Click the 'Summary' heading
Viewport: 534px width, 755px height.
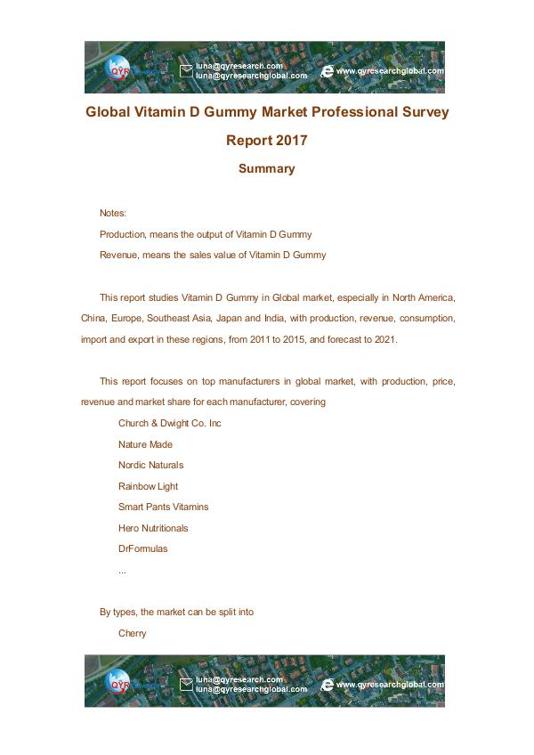(266, 168)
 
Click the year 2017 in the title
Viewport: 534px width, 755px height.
(287, 140)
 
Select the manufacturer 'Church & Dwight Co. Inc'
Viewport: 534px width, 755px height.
(169, 423)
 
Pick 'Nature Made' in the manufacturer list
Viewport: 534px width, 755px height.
(145, 444)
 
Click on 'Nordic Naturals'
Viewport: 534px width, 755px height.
(150, 465)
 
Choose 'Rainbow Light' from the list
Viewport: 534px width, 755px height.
(148, 486)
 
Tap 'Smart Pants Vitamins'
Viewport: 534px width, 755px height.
(163, 507)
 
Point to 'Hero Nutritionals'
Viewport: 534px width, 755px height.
(153, 528)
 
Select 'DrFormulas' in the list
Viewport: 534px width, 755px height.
(142, 548)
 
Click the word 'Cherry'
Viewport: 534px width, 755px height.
(132, 634)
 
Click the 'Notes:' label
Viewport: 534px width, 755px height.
(113, 214)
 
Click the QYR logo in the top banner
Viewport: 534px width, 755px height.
(118, 69)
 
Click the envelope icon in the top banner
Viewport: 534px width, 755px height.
(186, 70)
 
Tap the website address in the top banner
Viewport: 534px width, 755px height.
(390, 70)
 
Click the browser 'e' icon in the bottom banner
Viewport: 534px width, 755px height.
(327, 685)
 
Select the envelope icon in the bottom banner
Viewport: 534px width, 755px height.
(186, 685)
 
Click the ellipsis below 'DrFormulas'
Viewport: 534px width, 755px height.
(122, 570)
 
